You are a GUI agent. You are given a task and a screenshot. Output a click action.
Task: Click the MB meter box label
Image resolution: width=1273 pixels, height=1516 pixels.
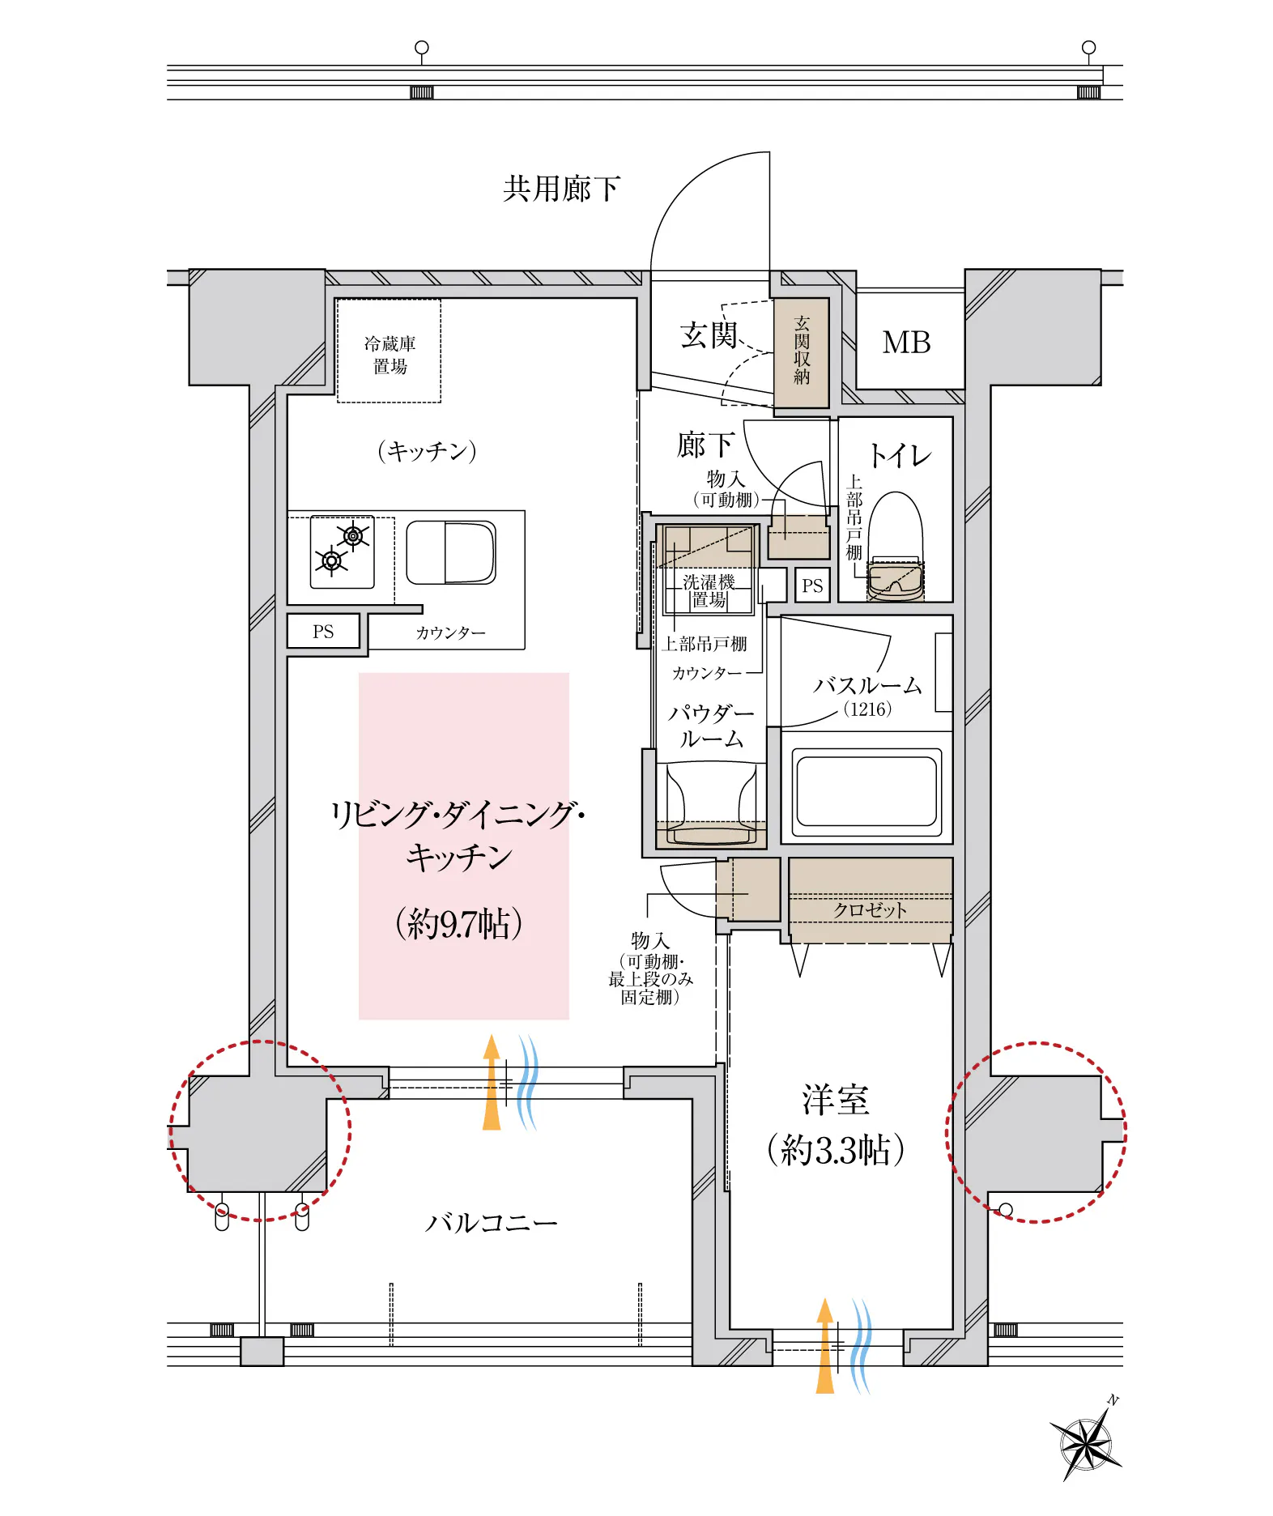pos(906,343)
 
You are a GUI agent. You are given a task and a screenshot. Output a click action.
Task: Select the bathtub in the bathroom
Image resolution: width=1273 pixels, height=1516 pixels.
pos(866,792)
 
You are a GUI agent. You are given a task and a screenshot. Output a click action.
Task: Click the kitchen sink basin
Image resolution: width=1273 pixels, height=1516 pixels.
pos(451,552)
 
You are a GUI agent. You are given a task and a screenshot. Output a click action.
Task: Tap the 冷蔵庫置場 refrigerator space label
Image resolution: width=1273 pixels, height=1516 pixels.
pos(390,355)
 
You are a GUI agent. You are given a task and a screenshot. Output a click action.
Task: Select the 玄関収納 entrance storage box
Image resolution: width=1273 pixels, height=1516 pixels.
pos(802,352)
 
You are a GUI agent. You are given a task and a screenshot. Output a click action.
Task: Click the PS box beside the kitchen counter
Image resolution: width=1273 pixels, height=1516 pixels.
pos(323,632)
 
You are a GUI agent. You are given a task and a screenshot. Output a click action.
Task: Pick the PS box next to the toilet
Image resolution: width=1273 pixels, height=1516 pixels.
pos(812,586)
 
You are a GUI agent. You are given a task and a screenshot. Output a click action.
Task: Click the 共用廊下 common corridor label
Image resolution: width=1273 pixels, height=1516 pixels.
pos(561,189)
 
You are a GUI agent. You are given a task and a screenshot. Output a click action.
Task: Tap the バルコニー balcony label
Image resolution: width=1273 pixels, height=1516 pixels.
pos(491,1223)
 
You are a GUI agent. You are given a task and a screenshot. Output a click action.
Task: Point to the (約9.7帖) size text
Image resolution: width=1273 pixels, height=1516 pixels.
pos(458,923)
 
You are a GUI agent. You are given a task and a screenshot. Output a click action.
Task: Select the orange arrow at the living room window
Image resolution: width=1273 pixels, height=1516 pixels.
pos(492,1082)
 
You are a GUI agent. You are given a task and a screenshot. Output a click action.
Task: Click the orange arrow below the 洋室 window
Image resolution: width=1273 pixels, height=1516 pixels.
pos(824,1346)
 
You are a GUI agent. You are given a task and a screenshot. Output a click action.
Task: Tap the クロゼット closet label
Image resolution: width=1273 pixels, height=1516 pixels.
pos(871,910)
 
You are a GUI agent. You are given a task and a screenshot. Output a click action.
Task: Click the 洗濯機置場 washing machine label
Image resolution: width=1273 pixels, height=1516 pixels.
pos(709,591)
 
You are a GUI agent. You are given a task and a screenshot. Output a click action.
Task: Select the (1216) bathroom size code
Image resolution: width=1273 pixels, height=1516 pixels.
pos(867,709)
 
